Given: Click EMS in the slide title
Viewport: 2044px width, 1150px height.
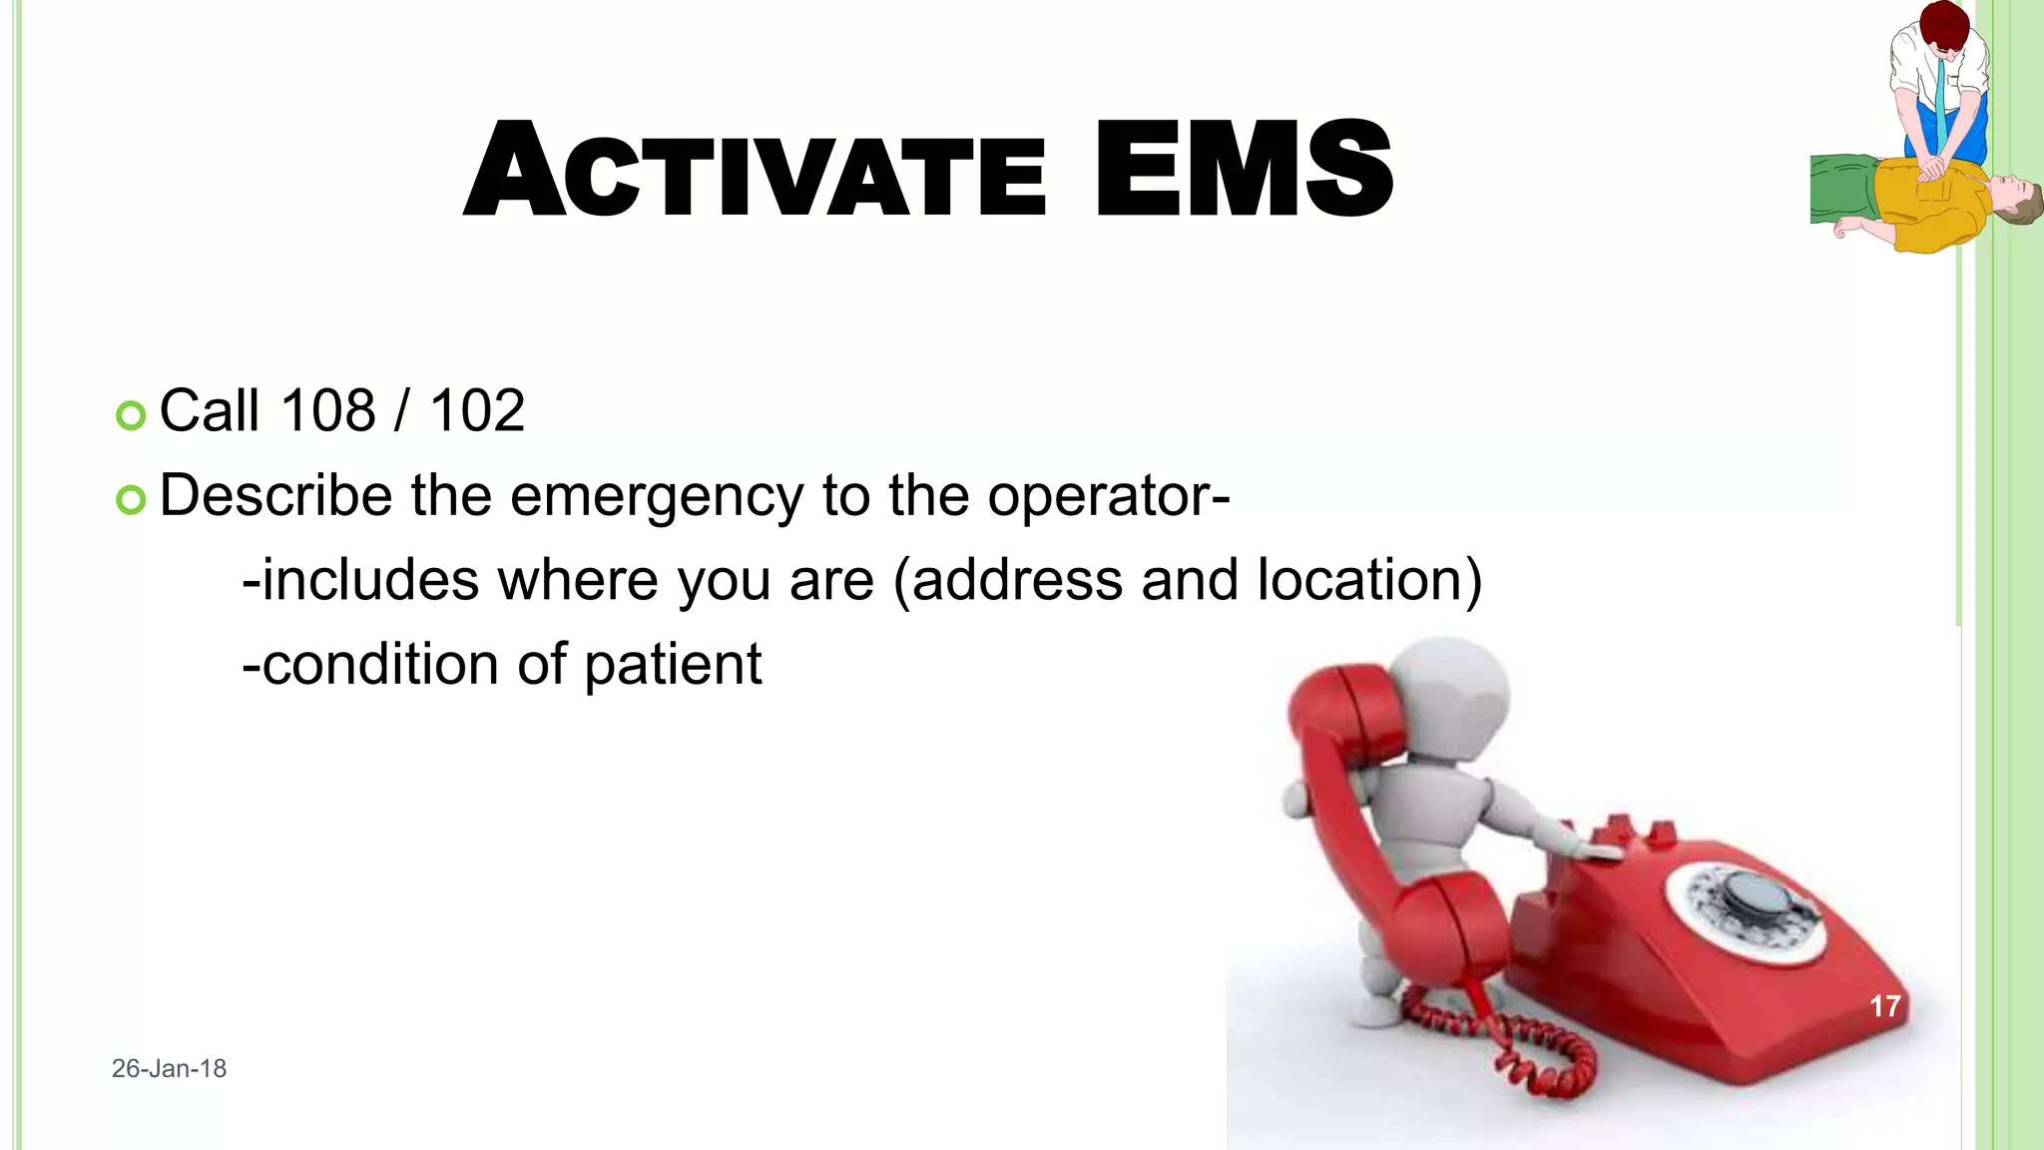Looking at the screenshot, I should click(x=1243, y=170).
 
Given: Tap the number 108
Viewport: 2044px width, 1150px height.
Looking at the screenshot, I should click(x=327, y=410).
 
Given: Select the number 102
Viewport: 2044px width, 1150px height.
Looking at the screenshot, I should click(x=476, y=410).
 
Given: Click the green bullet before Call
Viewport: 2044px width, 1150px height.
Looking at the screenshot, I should click(x=131, y=414).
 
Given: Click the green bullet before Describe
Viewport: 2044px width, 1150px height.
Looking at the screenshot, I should click(x=131, y=498).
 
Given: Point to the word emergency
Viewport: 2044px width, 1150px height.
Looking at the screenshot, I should click(x=656, y=496).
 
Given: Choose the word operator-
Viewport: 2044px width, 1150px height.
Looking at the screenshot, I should click(x=1108, y=496).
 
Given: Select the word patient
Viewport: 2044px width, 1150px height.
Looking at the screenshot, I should click(x=672, y=666).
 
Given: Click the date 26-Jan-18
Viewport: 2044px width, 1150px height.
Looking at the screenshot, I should click(x=169, y=1068).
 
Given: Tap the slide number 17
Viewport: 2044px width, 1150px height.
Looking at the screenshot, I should click(x=1884, y=1005).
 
